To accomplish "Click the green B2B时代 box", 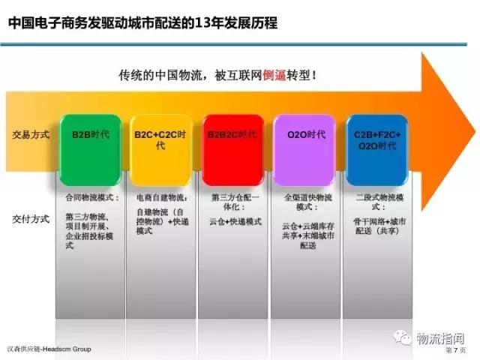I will point(89,142).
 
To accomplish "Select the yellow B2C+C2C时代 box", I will point(161,142).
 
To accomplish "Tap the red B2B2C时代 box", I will point(232,142).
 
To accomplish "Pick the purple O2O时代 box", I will point(305,142).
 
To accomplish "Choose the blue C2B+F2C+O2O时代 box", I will point(377,142).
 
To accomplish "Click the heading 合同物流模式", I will point(89,198).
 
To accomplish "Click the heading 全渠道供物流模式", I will point(307,202).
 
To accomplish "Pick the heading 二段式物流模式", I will point(379,202).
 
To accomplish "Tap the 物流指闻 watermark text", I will point(442,338).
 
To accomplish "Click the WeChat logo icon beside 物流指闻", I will point(405,338).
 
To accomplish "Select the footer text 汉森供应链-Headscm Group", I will point(46,349).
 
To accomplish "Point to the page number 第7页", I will point(455,350).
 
